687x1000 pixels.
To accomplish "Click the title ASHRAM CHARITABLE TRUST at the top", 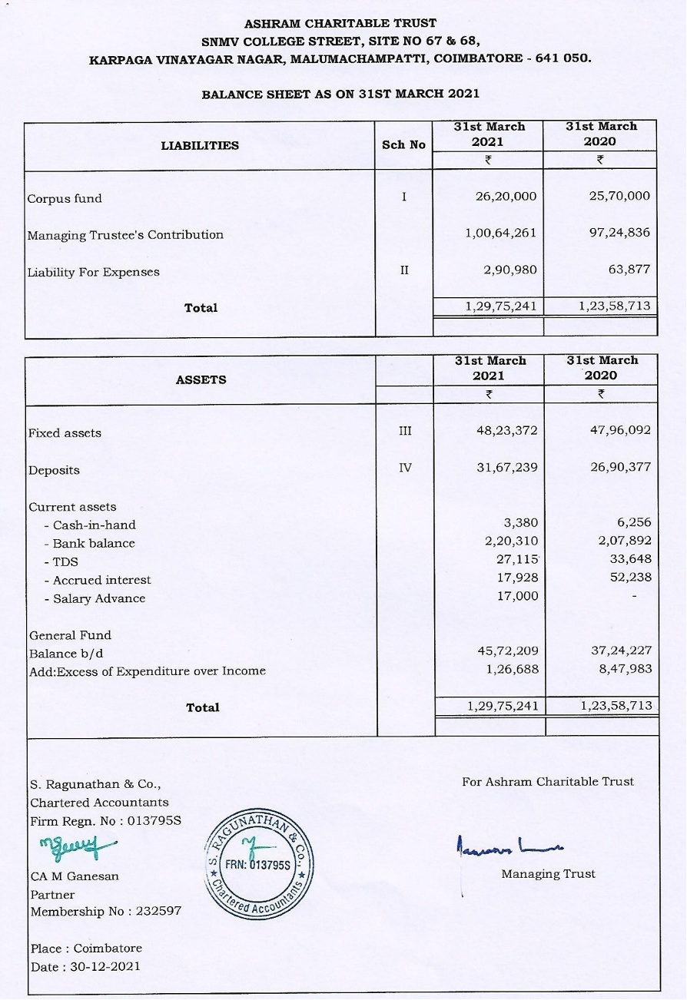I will pyautogui.click(x=340, y=24).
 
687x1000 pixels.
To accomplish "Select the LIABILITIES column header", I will pyautogui.click(x=200, y=145).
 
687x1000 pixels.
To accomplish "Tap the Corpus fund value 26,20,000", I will pyautogui.click(x=506, y=197).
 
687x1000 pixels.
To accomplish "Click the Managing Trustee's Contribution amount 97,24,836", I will pyautogui.click(x=619, y=233).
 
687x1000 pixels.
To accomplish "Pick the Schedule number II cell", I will pyautogui.click(x=404, y=270).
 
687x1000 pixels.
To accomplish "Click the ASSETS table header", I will pyautogui.click(x=201, y=379).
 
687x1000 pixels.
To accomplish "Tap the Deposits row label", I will pyautogui.click(x=54, y=470).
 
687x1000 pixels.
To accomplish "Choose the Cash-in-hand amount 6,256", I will pyautogui.click(x=633, y=523).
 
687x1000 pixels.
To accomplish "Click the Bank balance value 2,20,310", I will pyautogui.click(x=511, y=541).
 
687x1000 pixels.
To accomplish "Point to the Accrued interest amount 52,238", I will pyautogui.click(x=630, y=578).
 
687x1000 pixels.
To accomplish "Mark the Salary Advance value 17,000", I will pyautogui.click(x=518, y=596).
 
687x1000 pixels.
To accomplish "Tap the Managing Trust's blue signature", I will pyautogui.click(x=508, y=846).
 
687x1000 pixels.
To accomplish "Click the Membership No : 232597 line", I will pyautogui.click(x=106, y=912).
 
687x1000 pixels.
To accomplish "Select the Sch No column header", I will pyautogui.click(x=403, y=144).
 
